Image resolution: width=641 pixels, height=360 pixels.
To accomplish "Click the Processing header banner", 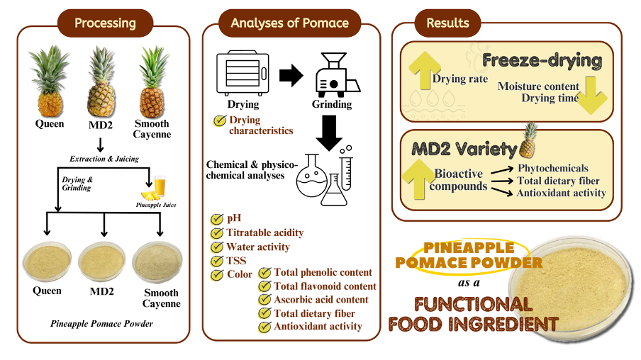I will click(x=105, y=23).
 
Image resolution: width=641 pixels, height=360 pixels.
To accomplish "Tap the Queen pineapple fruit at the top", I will click(x=50, y=84).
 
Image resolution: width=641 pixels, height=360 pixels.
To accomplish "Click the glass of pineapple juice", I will click(x=160, y=188).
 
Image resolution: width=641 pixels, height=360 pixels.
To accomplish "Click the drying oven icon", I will click(x=243, y=72).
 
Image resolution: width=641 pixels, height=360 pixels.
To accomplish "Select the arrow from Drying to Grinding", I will click(x=289, y=75).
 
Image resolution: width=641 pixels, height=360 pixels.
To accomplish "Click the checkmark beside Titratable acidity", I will click(x=217, y=232).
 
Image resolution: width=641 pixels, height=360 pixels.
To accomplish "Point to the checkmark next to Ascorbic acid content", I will click(x=265, y=300).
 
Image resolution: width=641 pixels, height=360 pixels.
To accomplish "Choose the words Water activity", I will click(x=258, y=247).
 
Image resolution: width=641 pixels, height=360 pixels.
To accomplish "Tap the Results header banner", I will click(x=447, y=23).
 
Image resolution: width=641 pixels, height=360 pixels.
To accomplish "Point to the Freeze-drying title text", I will click(x=542, y=61).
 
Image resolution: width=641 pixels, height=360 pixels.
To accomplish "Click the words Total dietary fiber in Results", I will click(x=559, y=181).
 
